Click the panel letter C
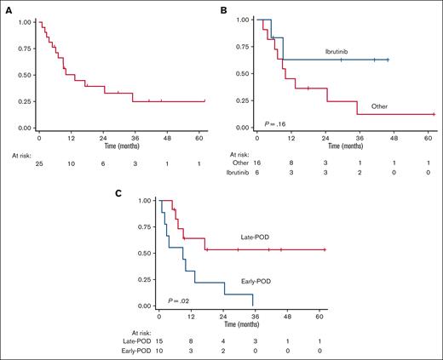click(x=118, y=193)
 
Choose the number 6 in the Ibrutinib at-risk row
click(x=257, y=170)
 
